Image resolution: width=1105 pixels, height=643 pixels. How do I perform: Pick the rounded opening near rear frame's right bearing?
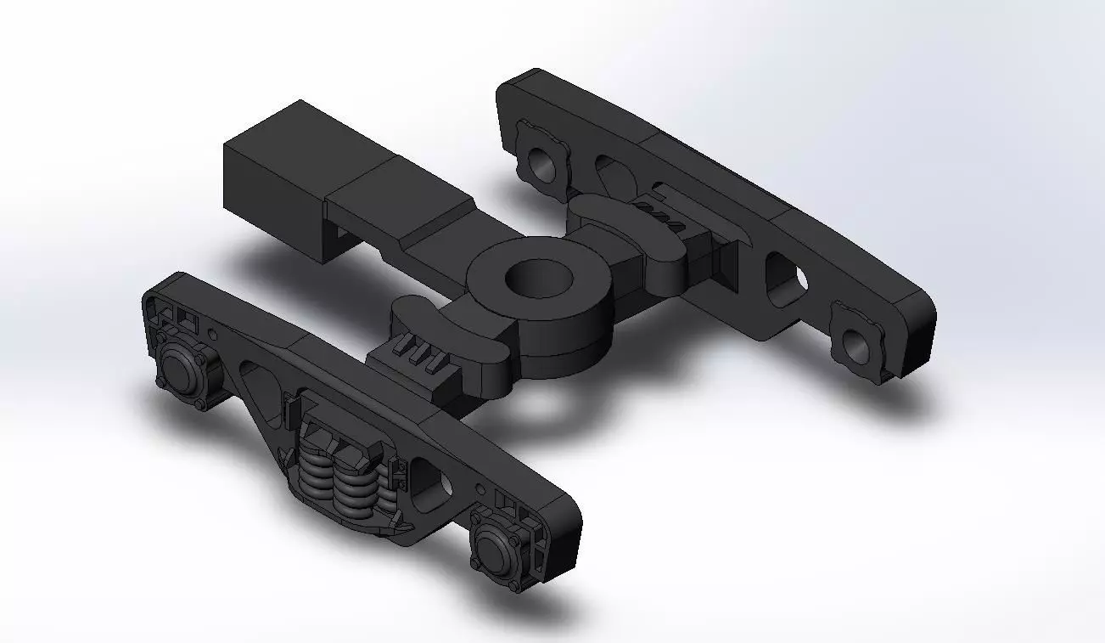click(784, 280)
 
